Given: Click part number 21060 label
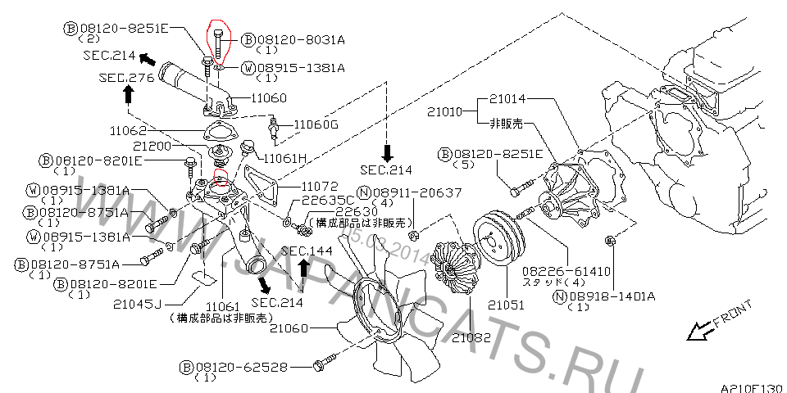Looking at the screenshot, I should point(288,329).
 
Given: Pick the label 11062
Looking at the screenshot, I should point(128,130).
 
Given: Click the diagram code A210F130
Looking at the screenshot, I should point(752,386).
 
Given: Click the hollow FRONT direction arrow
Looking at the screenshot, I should point(698,330).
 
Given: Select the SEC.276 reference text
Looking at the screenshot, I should point(126,78).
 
